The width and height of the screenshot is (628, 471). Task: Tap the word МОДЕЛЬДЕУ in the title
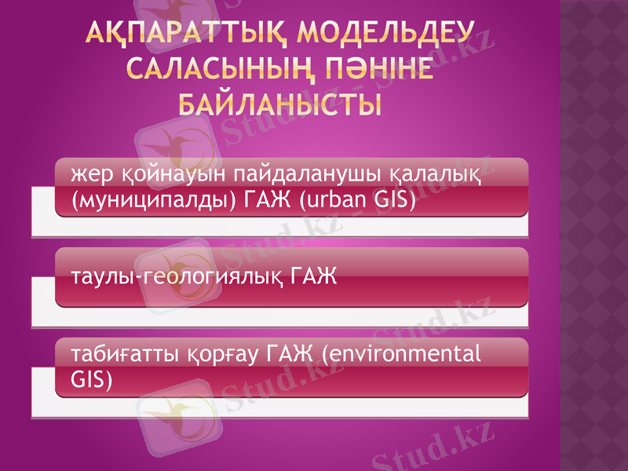pos(389,35)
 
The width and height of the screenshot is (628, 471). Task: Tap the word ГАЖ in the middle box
pos(314,276)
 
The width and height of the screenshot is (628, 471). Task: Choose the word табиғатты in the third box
pos(115,354)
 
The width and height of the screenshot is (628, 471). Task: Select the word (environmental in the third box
pos(401,354)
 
